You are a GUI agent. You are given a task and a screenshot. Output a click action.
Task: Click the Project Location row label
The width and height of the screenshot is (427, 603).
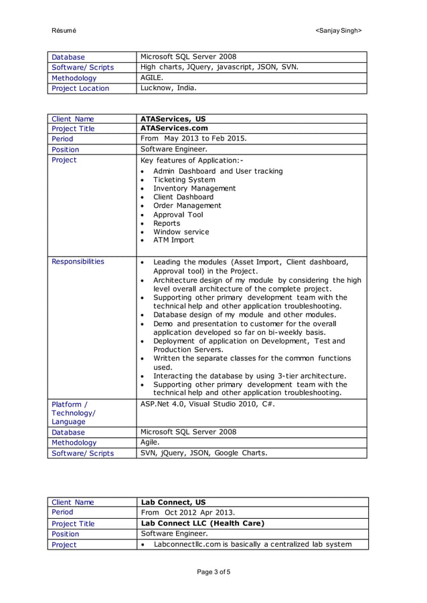(x=80, y=88)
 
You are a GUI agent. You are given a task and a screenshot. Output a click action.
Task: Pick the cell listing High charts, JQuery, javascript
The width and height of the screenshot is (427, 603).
(x=219, y=67)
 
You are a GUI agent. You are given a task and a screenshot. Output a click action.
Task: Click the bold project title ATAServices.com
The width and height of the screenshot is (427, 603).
(x=174, y=128)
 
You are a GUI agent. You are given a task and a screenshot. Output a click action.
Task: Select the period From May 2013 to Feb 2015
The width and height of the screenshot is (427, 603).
(x=193, y=139)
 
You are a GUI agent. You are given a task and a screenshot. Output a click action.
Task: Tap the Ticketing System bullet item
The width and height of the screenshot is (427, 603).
(x=184, y=180)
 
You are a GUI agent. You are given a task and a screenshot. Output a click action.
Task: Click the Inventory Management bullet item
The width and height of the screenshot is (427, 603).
(x=194, y=189)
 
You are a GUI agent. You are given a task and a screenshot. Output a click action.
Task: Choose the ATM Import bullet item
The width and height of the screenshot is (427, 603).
(x=173, y=240)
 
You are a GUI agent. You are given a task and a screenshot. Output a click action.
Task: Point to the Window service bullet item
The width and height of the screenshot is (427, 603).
(x=181, y=232)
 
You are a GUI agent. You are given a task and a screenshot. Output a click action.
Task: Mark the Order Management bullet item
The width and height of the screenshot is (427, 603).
(x=187, y=206)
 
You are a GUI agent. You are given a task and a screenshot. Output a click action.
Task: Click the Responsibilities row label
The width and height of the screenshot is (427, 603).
(x=78, y=261)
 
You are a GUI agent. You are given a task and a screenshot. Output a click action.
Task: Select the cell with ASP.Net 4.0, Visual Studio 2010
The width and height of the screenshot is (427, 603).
(x=207, y=404)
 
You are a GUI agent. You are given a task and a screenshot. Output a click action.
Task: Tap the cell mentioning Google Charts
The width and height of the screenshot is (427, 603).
(x=203, y=453)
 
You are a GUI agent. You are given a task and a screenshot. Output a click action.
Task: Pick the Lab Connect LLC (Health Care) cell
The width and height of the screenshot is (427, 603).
(x=202, y=523)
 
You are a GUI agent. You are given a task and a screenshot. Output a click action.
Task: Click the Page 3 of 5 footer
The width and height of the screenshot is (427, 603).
(x=213, y=572)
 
